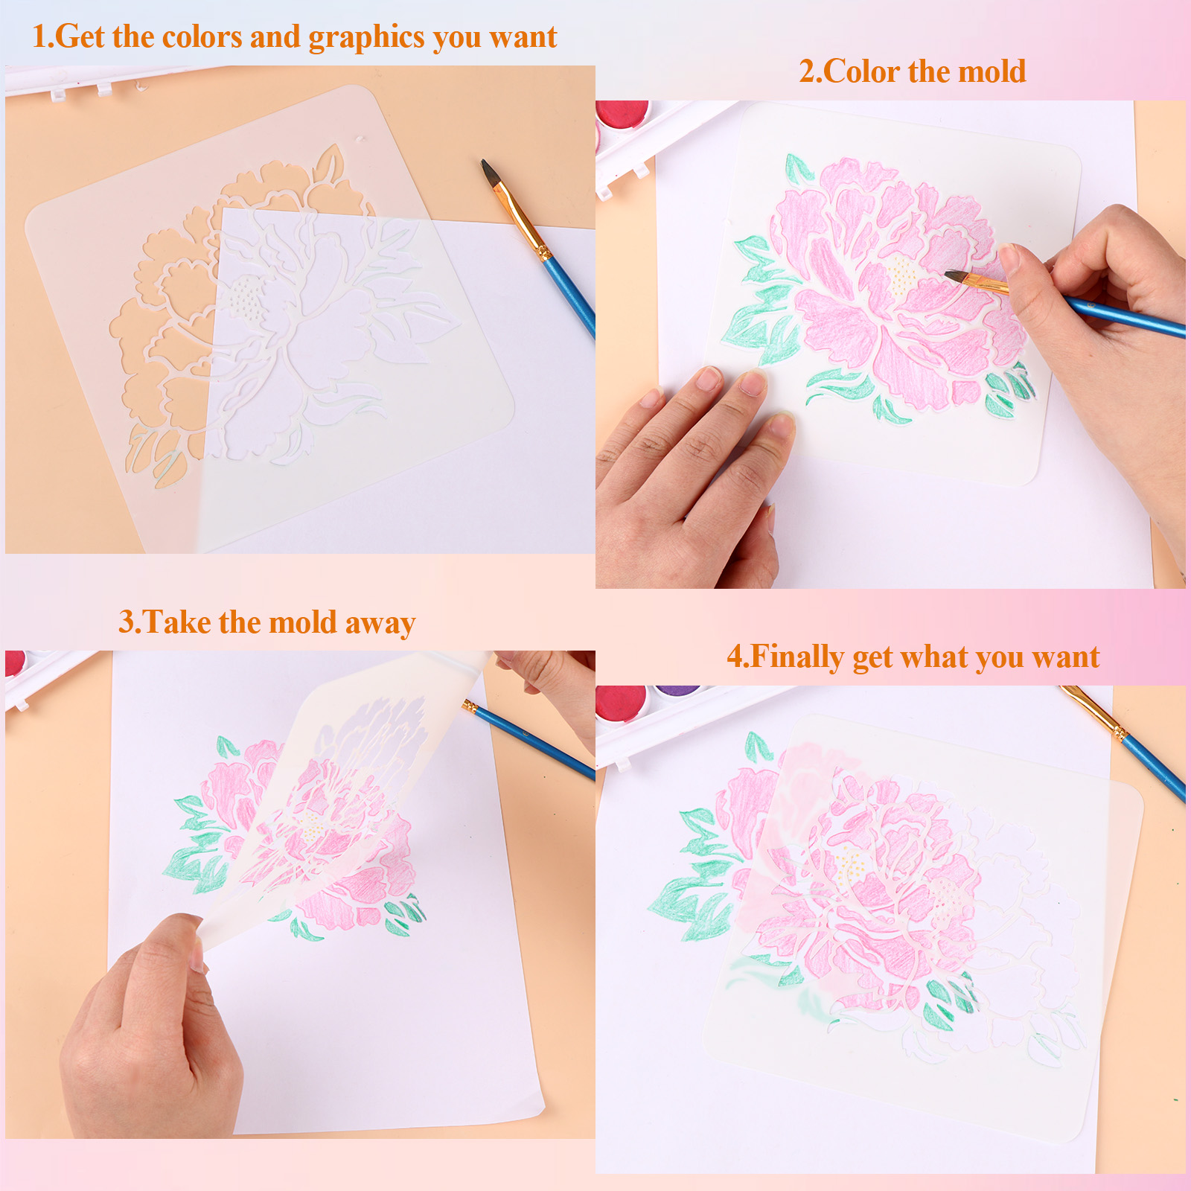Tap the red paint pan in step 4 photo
pyautogui.click(x=620, y=700)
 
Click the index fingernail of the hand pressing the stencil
pyautogui.click(x=753, y=383)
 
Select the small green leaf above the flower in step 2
pyautogui.click(x=799, y=168)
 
